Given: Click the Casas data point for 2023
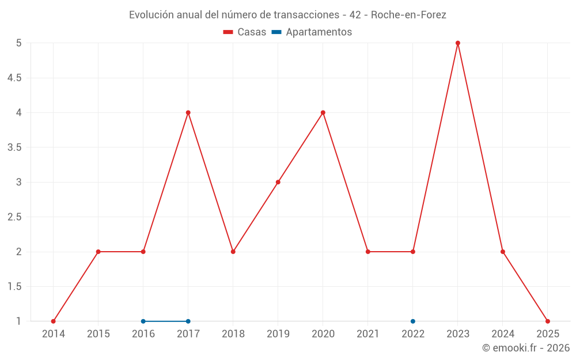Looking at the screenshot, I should click(458, 43).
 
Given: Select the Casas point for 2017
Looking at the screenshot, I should click(188, 112).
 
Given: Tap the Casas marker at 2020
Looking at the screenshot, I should click(323, 112).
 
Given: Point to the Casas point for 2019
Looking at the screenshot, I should click(278, 182).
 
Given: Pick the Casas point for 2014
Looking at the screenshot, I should click(54, 321).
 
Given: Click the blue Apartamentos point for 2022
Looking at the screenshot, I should click(413, 321).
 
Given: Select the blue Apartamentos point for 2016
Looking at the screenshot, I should click(143, 321).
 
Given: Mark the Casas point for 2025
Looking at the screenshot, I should click(548, 321).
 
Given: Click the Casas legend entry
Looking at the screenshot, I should click(245, 32).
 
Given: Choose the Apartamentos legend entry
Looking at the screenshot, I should click(312, 32).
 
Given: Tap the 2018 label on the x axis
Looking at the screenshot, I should click(233, 334).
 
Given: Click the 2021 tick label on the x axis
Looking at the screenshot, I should click(368, 334).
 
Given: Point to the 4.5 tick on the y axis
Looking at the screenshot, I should click(14, 78).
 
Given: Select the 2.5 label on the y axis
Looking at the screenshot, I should click(14, 217).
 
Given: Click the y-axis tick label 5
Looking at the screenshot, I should click(18, 43).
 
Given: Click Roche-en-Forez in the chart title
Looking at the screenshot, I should click(408, 15).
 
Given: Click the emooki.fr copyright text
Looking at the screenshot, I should click(526, 348).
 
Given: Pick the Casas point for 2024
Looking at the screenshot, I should click(503, 252).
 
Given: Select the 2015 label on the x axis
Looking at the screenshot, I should click(98, 334).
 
